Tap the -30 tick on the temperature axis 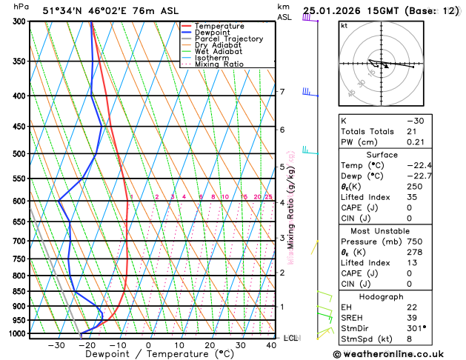point(56,345)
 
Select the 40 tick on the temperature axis point(271,345)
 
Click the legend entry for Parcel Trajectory point(228,39)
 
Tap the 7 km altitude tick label point(282,92)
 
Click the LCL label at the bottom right point(291,338)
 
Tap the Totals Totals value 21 point(412,131)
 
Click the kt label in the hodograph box point(344,25)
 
